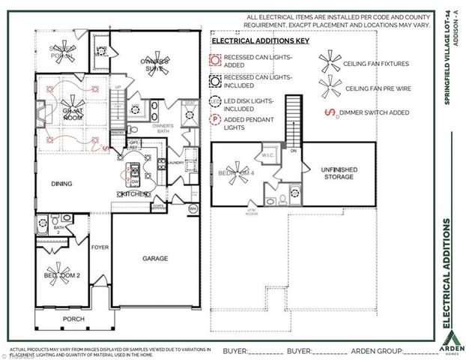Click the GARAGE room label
(155, 258)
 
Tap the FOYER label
(100, 246)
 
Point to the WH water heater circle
(192, 208)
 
